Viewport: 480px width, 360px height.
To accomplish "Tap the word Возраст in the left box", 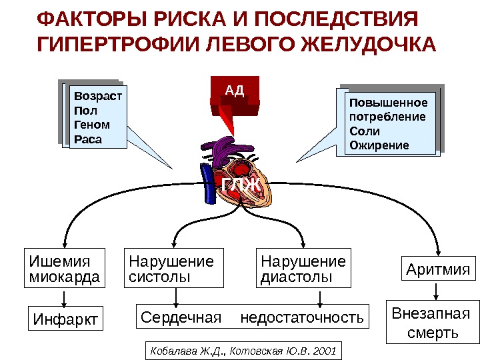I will [x=98, y=96].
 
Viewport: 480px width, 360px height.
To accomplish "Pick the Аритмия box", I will [x=437, y=270].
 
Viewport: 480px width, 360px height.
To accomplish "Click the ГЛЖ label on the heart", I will [x=241, y=185].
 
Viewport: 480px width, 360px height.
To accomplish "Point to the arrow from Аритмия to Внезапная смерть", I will [x=436, y=291].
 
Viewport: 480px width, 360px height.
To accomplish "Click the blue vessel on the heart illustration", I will [x=209, y=180].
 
